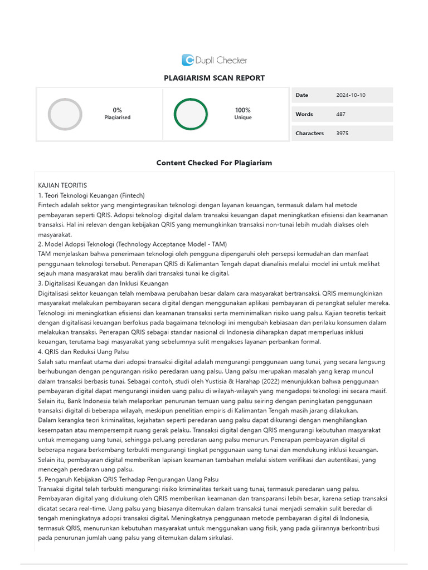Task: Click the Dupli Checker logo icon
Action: coord(188,60)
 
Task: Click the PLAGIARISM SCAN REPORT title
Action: coord(214,78)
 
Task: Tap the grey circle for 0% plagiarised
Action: coord(65,114)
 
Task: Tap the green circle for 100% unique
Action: coord(191,114)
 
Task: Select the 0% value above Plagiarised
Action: coord(117,110)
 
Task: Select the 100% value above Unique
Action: coord(242,110)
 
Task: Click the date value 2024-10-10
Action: coord(351,95)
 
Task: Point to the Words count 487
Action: coord(341,114)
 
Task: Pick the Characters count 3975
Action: coord(342,133)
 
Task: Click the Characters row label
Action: coord(309,133)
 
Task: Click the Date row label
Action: coord(301,95)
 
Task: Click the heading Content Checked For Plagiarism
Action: coord(214,163)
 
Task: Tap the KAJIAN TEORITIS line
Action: coord(62,185)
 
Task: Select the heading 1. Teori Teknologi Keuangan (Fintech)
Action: coord(91,195)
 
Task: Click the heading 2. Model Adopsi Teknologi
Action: coord(132,244)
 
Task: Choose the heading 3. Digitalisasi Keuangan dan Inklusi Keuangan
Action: coord(103,283)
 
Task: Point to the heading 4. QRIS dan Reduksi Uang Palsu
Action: coord(83,352)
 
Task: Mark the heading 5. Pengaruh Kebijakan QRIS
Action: coord(128,479)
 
